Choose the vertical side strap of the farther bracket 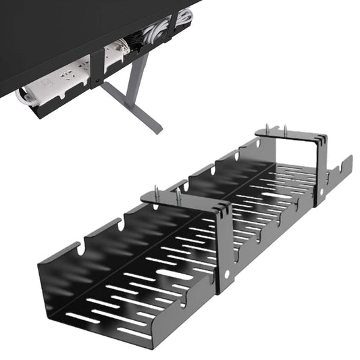pyautogui.click(x=321, y=172)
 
